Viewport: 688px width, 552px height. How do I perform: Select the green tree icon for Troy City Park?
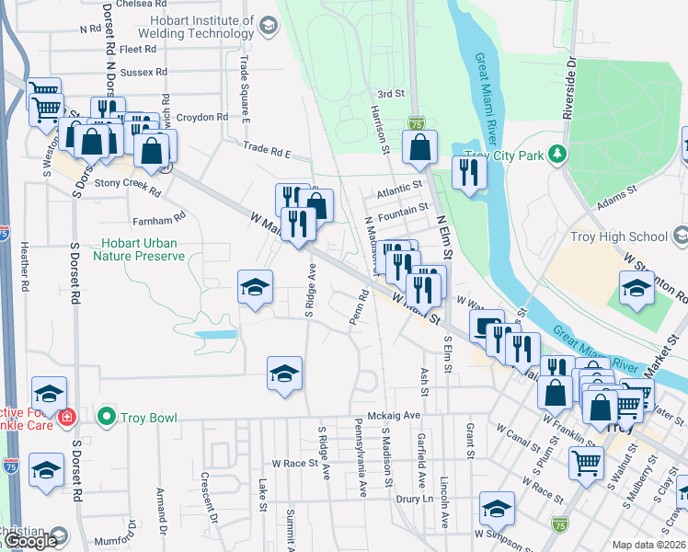555,152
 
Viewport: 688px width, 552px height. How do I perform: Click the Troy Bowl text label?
149,417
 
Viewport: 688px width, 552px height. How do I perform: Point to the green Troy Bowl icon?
107,417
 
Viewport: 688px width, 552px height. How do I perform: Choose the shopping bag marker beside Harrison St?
419,146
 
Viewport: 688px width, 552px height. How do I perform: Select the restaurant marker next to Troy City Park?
469,172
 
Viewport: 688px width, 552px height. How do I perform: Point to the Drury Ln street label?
414,499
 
